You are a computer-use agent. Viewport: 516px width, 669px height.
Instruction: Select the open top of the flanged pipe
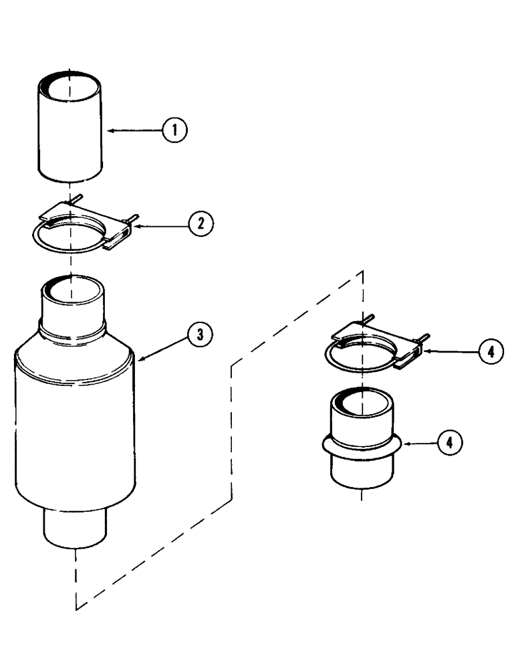click(362, 402)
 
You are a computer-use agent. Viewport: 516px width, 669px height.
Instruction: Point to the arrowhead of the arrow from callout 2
click(136, 226)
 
